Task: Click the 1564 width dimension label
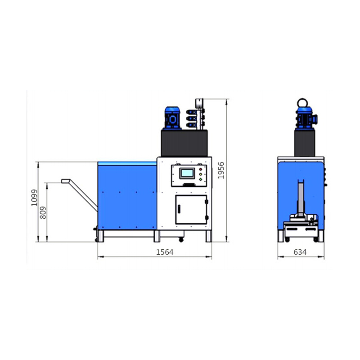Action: [x=165, y=252]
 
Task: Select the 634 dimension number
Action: [x=300, y=252]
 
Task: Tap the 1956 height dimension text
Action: [x=221, y=171]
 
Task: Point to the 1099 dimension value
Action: [x=34, y=198]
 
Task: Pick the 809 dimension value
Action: [x=43, y=212]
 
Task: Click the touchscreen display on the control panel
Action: [x=187, y=173]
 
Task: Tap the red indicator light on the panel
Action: [x=201, y=170]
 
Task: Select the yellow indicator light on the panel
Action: [x=201, y=174]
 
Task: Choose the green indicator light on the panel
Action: [x=201, y=179]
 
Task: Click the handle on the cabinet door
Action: [x=179, y=209]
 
